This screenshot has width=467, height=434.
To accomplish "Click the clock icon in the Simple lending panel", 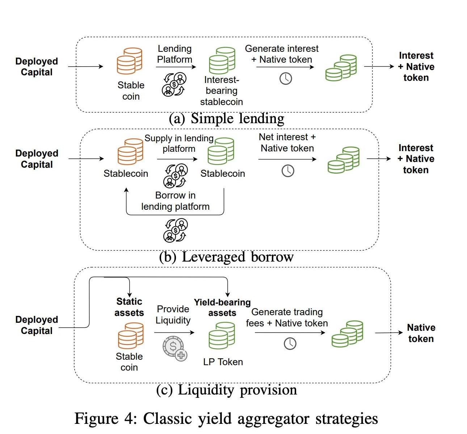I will [286, 79].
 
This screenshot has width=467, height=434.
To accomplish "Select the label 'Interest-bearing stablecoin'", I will [221, 91].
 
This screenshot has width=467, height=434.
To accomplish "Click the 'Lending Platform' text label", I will [174, 54].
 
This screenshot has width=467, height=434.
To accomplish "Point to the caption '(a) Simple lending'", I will [227, 118].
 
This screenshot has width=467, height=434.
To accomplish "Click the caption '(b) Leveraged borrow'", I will [226, 257].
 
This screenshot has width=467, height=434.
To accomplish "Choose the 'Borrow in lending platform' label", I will [175, 201].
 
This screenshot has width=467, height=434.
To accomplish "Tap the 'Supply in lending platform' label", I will [179, 143].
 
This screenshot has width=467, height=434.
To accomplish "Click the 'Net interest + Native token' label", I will [287, 142].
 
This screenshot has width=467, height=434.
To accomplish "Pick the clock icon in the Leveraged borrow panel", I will [288, 171].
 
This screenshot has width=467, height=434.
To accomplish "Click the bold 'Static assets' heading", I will [129, 307].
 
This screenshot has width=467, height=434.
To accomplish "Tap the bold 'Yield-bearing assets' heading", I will [222, 308].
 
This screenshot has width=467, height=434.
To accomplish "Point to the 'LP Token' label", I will [223, 362].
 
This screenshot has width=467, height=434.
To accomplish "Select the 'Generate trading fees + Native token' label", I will [287, 318].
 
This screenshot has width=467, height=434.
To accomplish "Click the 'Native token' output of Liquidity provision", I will [421, 333].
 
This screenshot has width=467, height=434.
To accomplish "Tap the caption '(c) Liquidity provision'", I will [227, 390].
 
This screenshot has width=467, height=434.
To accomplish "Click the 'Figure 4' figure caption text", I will [226, 419].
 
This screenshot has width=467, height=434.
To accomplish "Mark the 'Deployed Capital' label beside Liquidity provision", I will [37, 325].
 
